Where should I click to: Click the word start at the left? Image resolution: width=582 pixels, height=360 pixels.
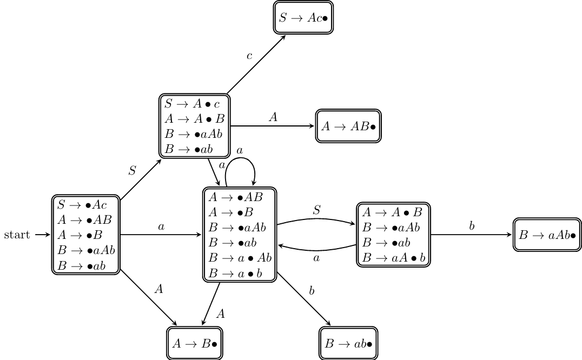click(17, 235)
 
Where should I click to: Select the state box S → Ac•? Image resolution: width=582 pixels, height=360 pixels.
click(303, 18)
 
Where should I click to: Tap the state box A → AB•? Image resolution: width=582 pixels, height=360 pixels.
click(348, 126)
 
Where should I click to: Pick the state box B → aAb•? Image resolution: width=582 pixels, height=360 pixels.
click(547, 235)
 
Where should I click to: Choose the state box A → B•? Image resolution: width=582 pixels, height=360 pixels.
click(195, 343)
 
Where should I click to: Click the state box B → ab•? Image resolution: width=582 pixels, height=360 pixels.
click(348, 343)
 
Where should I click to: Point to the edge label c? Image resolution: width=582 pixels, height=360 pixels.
click(249, 56)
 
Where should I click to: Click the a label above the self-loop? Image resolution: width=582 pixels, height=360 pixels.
click(240, 150)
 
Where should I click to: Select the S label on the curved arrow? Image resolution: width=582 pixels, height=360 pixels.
click(317, 210)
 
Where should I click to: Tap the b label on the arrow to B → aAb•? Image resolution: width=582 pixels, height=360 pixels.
click(472, 226)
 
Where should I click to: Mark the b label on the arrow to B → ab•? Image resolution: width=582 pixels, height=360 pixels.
click(312, 291)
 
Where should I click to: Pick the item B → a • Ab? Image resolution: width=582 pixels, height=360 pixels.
click(240, 258)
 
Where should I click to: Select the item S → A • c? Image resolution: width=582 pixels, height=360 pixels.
click(192, 103)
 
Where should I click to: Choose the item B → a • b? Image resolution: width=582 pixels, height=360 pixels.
click(235, 274)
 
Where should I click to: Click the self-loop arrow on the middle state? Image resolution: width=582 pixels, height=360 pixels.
click(240, 160)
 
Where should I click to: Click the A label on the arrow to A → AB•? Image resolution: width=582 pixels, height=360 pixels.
click(273, 117)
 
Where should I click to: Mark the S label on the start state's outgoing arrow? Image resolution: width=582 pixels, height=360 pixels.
click(133, 171)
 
